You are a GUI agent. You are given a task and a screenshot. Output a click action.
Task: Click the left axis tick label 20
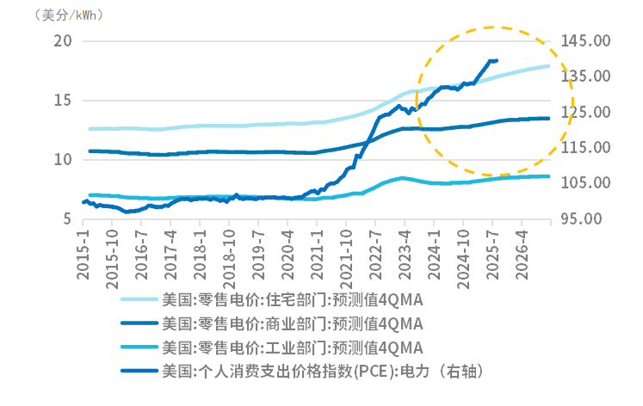(62, 40)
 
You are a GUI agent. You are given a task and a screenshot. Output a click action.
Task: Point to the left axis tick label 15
(62, 100)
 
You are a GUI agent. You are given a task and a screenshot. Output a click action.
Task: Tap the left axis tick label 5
(66, 219)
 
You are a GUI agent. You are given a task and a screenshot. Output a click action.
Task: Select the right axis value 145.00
(584, 40)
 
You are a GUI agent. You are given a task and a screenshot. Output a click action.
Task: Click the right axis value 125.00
(584, 112)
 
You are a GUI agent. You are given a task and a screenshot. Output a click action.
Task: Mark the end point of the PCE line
(497, 60)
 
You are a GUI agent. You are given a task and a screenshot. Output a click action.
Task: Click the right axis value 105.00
(584, 183)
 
